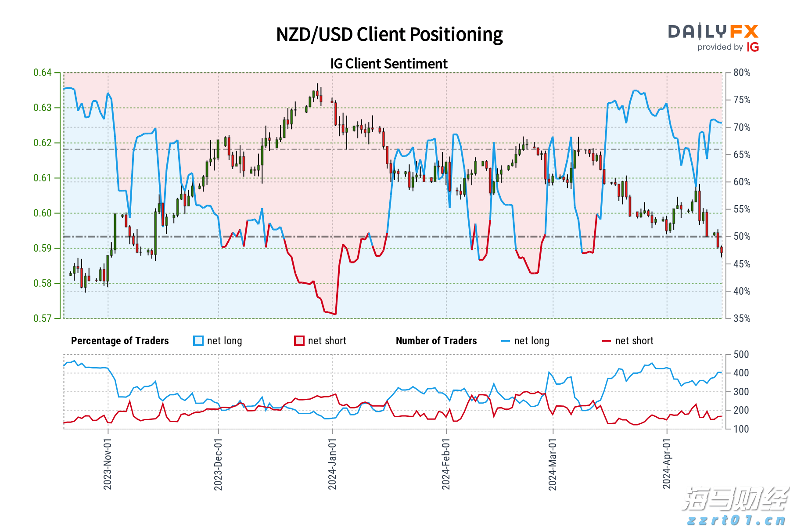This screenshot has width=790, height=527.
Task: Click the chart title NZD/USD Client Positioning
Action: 389,34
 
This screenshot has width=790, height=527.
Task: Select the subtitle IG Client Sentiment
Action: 389,64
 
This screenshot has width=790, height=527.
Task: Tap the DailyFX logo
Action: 713,32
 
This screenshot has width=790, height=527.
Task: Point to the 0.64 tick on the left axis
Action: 43,72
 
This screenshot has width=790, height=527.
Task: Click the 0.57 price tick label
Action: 43,318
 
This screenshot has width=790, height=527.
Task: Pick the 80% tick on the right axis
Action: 742,72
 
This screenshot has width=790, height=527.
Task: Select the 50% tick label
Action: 742,237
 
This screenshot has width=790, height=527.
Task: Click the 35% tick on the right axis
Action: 742,318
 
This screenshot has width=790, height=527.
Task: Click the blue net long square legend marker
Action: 198,341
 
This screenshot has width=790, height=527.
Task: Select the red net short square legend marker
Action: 299,341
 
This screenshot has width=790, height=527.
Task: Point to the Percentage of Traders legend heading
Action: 120,341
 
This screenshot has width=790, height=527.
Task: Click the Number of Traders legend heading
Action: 436,341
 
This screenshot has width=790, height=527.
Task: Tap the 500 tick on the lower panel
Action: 741,354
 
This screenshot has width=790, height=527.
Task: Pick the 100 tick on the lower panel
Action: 741,429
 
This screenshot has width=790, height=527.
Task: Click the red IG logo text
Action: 753,47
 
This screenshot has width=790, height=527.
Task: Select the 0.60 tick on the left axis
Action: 43,213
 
